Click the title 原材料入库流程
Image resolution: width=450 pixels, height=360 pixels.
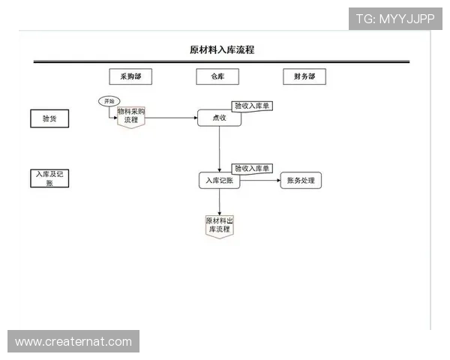tap(223, 50)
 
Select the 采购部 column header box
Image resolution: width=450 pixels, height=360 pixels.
tap(130, 76)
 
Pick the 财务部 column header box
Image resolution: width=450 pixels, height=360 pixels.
tap(304, 76)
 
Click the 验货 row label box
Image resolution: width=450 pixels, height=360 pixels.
tap(49, 118)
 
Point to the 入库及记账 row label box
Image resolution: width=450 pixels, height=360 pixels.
tap(49, 178)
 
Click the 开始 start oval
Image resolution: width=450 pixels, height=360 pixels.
tap(109, 100)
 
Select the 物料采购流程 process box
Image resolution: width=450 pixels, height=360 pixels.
tap(131, 116)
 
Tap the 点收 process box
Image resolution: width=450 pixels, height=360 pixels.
tap(219, 118)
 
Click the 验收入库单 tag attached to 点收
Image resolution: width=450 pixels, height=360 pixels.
tap(252, 106)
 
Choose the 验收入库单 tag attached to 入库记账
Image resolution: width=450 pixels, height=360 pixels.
tap(252, 168)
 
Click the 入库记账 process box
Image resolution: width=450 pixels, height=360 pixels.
tap(220, 180)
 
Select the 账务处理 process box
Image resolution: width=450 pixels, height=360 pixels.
tap(301, 180)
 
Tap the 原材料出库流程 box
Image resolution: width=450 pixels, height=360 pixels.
tap(220, 225)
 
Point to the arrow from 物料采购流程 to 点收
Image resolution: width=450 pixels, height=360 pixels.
tap(171, 118)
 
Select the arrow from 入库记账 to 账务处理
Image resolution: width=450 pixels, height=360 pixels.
tap(260, 180)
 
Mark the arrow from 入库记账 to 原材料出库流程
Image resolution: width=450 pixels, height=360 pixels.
tap(220, 201)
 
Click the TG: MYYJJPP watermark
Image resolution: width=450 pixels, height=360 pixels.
tap(395, 19)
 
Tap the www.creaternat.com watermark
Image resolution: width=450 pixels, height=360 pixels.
tap(73, 342)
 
